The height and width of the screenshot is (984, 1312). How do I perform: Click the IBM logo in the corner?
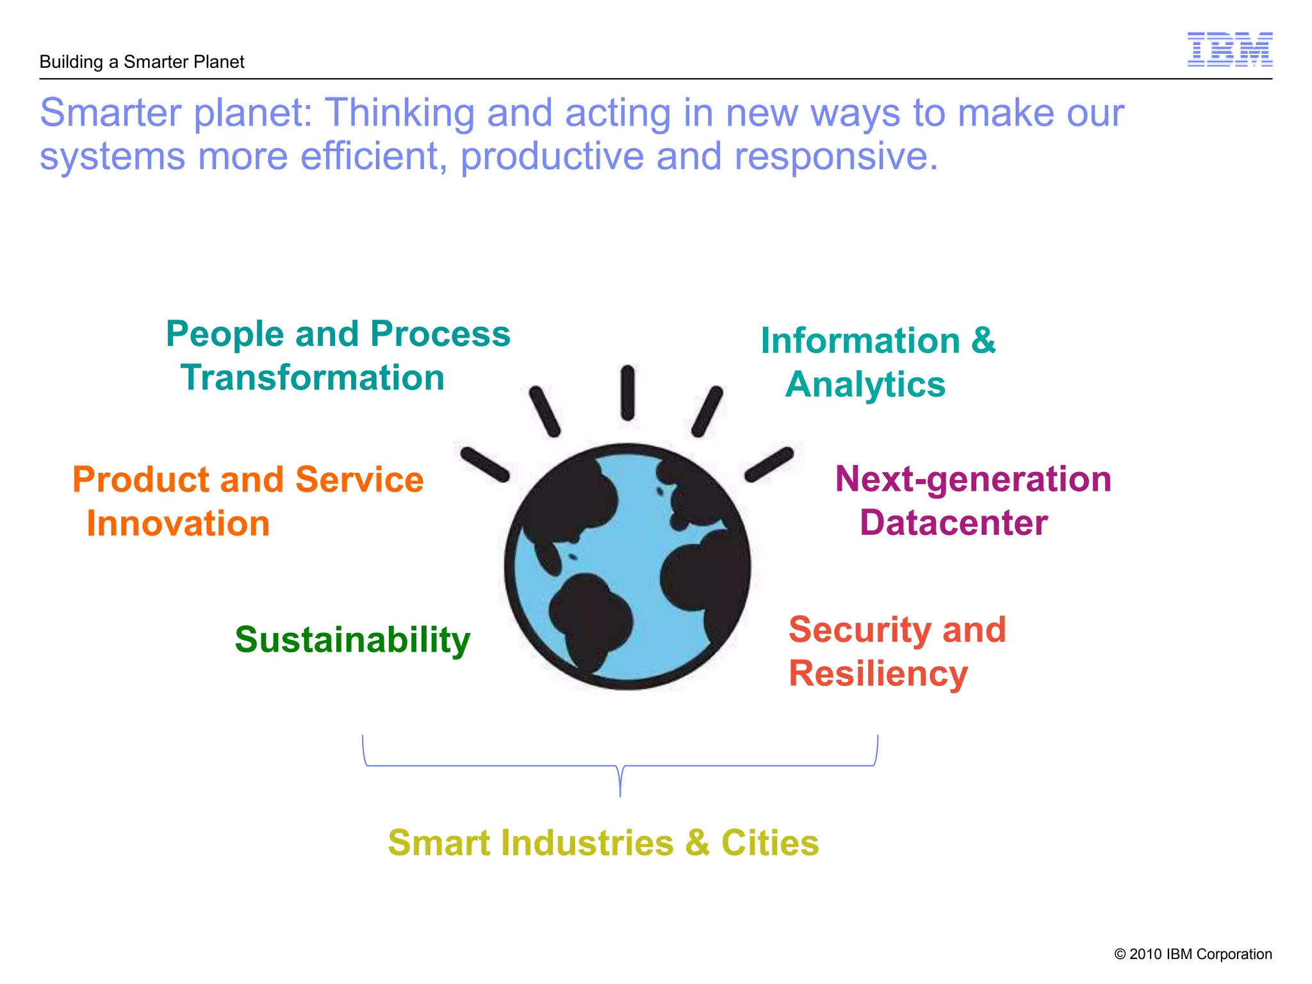[x=1229, y=49]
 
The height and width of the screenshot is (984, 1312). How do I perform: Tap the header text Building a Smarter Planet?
[x=142, y=62]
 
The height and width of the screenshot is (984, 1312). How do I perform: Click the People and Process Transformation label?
[x=338, y=356]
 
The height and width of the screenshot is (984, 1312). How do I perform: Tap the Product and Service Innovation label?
[x=247, y=501]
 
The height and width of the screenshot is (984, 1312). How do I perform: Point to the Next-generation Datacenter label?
[x=972, y=500]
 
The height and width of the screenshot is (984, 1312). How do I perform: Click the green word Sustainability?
[x=352, y=639]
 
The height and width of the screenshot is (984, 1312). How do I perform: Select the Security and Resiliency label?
[x=896, y=651]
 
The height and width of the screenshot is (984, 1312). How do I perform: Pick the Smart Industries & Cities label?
[x=603, y=842]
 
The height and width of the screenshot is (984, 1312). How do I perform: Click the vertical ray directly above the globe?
[x=628, y=393]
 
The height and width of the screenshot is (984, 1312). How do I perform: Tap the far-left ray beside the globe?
[x=484, y=464]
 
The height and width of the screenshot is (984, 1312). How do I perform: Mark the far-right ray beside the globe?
[x=769, y=464]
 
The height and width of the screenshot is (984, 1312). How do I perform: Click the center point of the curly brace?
[x=620, y=778]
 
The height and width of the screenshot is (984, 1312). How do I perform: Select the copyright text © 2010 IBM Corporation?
[x=1192, y=954]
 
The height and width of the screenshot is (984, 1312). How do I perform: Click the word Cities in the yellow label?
[x=770, y=842]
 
